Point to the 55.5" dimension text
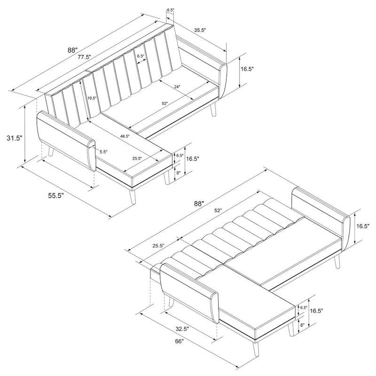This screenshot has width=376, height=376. coord(55,196)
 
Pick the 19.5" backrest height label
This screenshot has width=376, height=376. coord(92,98)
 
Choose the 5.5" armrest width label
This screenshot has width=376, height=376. coord(103,151)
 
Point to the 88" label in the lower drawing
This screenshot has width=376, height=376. coord(199,204)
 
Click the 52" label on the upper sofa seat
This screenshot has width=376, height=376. coord(164,103)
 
